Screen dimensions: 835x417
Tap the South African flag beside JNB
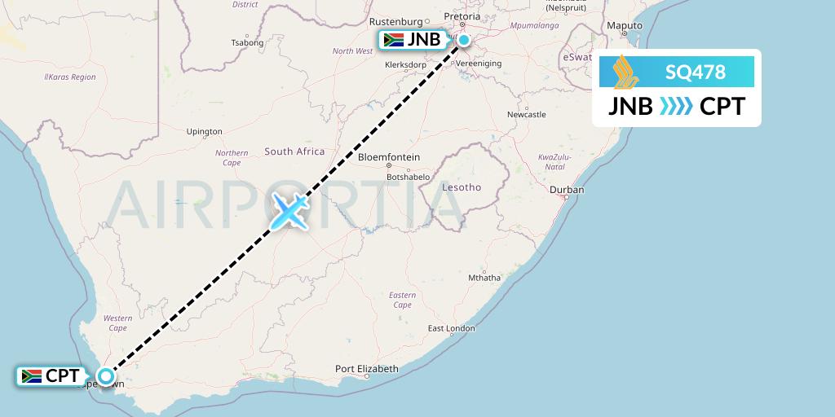(393, 40)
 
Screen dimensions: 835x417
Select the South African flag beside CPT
(32, 376)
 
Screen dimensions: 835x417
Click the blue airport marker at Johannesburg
(463, 40)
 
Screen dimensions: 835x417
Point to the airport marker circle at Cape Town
(106, 376)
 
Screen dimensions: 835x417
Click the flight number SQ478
(695, 72)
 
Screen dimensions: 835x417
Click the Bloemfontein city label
(389, 157)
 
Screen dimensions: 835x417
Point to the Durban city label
(567, 190)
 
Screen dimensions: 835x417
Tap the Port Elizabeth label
(367, 369)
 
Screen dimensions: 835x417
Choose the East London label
(451, 328)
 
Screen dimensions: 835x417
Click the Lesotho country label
(462, 187)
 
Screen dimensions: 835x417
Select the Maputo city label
(625, 26)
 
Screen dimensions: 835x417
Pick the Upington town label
(204, 131)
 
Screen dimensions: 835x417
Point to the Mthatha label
(484, 277)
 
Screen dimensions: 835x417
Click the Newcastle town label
(526, 115)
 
